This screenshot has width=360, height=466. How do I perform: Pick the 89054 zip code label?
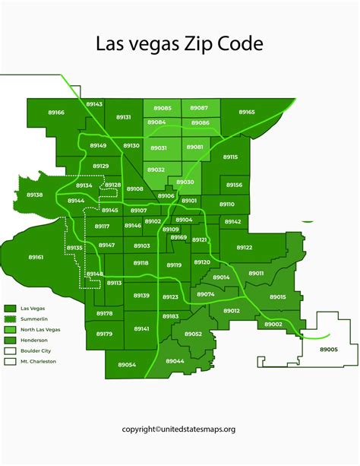125,364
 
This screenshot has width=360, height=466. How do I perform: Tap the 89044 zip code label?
175,360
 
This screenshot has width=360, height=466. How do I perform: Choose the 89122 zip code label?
244,247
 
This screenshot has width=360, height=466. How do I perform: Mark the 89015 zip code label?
278,296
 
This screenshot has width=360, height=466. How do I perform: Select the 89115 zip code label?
230,157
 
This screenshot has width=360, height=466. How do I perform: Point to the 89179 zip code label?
104,334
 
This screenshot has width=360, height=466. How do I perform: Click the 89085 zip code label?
162,108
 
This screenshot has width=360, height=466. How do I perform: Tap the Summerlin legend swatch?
10,319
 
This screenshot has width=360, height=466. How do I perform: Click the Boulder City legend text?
36,350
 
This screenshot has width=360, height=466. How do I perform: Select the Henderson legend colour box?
10,340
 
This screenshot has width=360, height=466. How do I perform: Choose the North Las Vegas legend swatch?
10,329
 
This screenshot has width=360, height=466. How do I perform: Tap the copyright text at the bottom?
179,429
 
